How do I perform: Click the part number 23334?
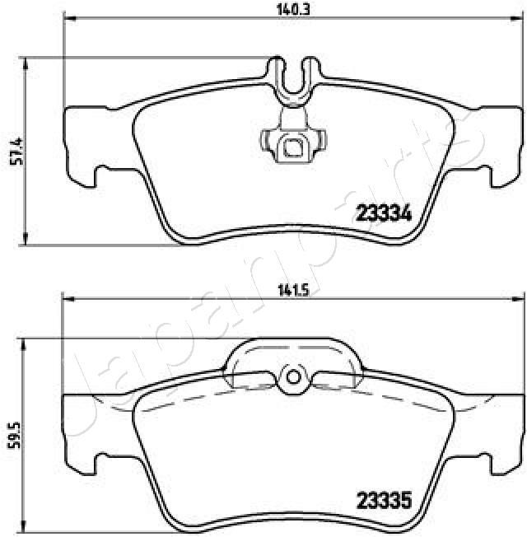383,214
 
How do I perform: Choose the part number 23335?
383,499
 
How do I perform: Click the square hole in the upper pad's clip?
291,148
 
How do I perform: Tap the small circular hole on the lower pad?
291,376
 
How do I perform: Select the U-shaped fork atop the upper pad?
291,74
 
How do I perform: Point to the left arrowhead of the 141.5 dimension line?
66,299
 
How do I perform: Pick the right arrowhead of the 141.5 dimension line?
518,299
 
